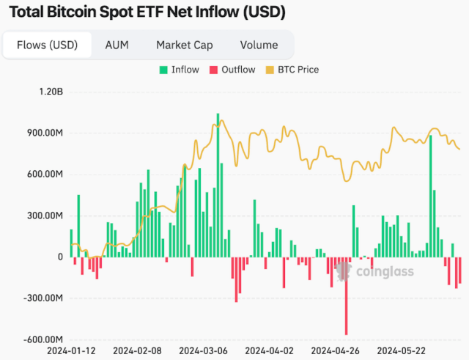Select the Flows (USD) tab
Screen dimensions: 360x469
(47, 45)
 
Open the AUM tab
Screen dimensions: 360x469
(117, 45)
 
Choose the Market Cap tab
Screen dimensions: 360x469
(184, 45)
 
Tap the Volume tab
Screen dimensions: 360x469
(259, 45)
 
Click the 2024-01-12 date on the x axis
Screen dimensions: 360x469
(71, 350)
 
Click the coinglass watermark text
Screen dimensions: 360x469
(384, 273)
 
